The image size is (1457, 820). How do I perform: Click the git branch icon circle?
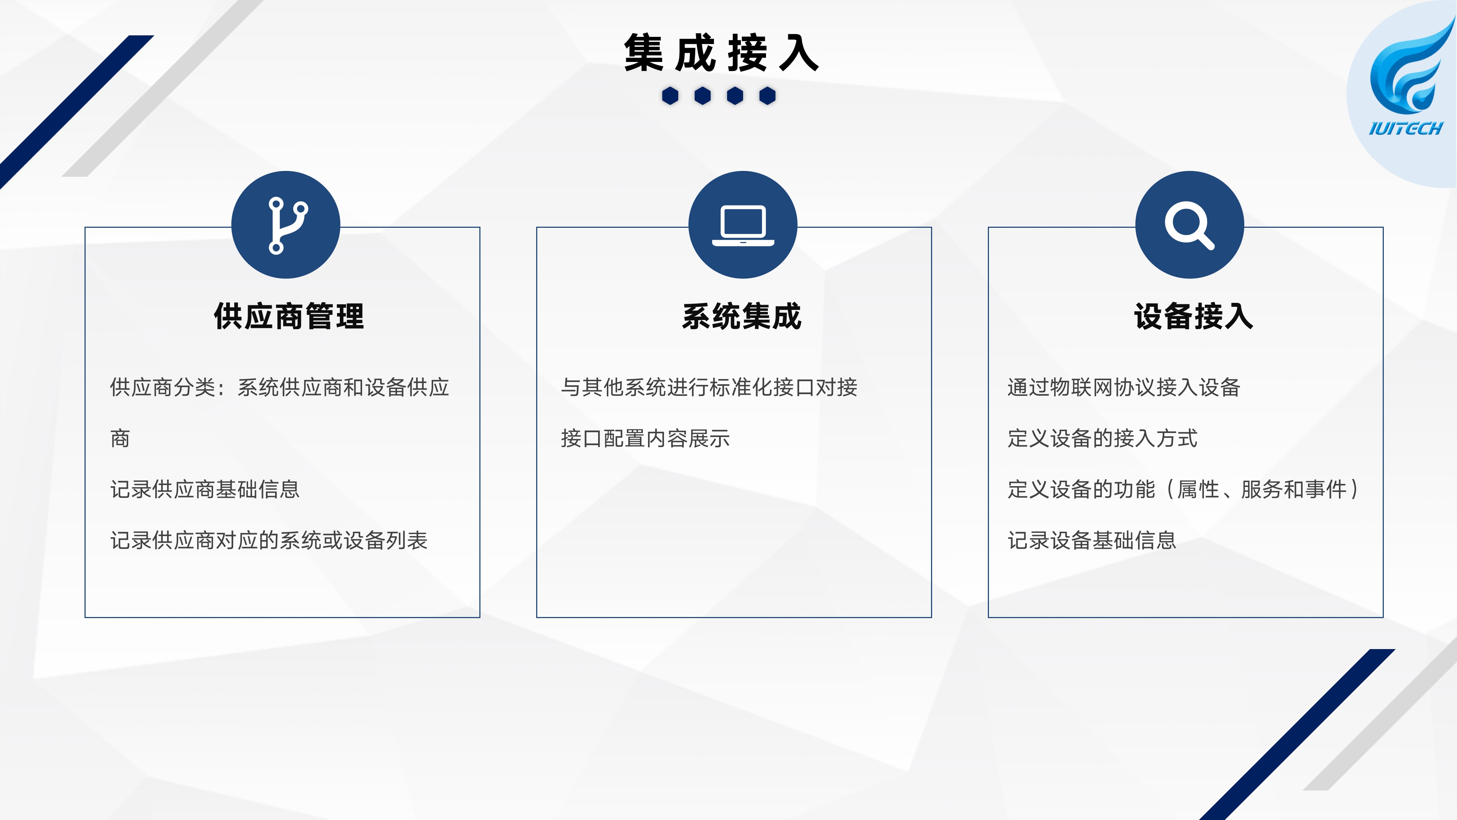pyautogui.click(x=286, y=224)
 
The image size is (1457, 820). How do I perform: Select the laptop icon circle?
pyautogui.click(x=743, y=224)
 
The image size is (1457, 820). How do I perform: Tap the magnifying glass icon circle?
pyautogui.click(x=1190, y=224)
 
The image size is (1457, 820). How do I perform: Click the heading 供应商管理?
pyautogui.click(x=289, y=316)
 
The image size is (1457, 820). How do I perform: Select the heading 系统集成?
pyautogui.click(x=742, y=316)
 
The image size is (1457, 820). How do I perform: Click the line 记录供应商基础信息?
pyautogui.click(x=205, y=489)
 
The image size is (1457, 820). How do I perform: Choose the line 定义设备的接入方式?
pyautogui.click(x=1102, y=438)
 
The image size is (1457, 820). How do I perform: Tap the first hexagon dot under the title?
pyautogui.click(x=670, y=95)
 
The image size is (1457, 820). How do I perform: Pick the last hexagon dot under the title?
pyautogui.click(x=767, y=95)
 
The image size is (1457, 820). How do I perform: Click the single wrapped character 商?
pyautogui.click(x=120, y=438)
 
